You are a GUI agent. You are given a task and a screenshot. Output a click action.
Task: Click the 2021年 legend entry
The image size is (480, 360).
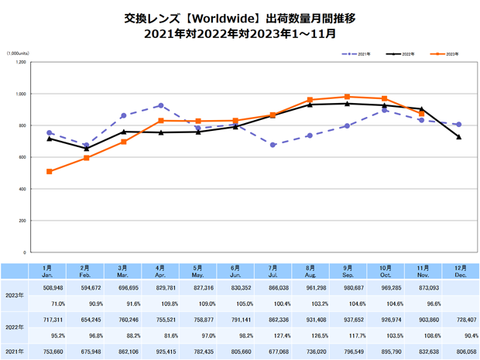[357, 54]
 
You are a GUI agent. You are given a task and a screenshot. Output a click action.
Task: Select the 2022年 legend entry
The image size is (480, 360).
[402, 54]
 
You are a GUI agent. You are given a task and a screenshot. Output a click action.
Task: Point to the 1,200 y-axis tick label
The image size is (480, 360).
[21, 62]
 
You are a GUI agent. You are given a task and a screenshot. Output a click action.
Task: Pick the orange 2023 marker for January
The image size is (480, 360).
[50, 171]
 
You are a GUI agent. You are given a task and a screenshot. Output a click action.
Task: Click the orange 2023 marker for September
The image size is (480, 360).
[347, 97]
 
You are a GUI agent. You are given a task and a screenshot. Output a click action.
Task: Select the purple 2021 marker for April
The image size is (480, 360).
[161, 105]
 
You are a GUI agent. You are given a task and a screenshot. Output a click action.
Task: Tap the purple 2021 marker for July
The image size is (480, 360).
[273, 145]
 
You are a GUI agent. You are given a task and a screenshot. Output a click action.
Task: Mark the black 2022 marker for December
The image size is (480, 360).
[459, 137]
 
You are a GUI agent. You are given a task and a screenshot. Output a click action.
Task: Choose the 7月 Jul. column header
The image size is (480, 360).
[273, 270]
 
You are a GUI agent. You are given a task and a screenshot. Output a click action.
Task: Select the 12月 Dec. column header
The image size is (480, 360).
[459, 270]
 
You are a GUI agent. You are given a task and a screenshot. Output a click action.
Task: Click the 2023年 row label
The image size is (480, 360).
[14, 294]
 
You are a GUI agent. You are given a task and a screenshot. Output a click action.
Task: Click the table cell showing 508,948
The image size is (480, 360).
[52, 286]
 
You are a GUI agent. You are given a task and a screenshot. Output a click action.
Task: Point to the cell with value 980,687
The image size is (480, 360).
[348, 286]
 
